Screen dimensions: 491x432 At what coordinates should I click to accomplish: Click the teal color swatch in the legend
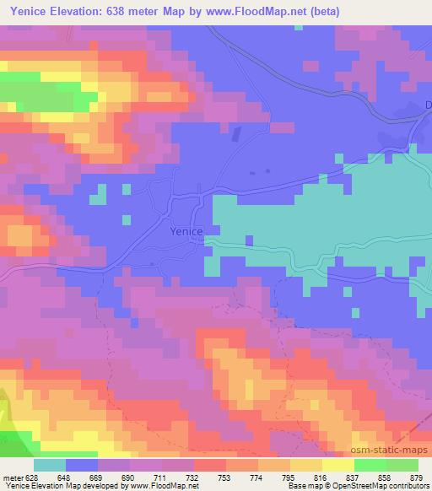click(x=49, y=465)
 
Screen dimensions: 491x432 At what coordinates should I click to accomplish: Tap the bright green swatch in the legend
click(x=370, y=465)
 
